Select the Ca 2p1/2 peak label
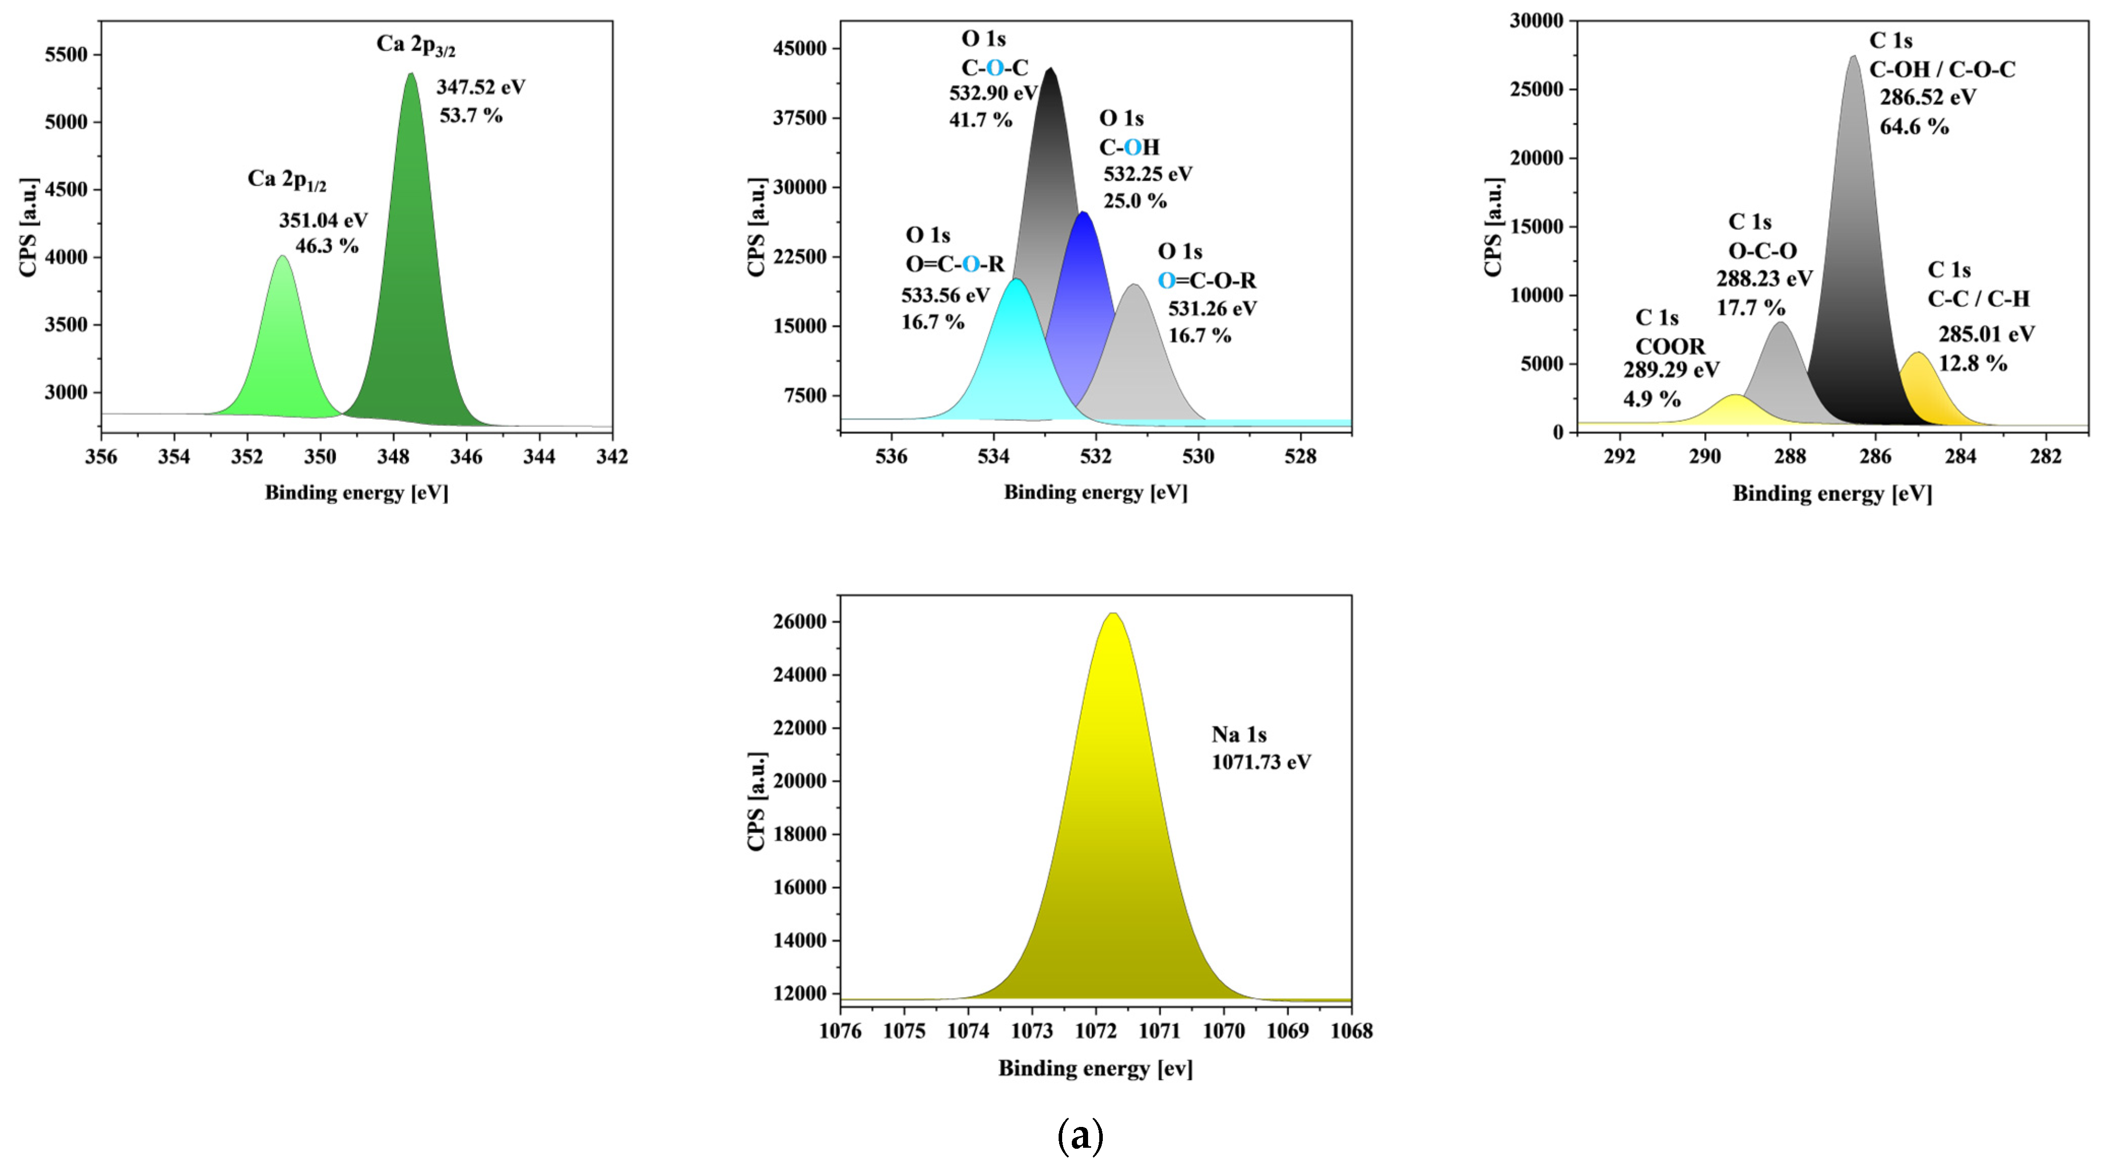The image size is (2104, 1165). pos(286,180)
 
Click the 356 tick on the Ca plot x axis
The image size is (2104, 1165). pos(101,456)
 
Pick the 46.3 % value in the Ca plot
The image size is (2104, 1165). pos(327,246)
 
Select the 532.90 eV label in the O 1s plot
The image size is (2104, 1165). pos(993,93)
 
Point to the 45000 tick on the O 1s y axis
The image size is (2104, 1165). pos(800,48)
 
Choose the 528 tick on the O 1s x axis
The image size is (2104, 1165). pos(1300,456)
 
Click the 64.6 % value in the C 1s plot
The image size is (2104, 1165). pos(1914,126)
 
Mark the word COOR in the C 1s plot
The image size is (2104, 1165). pos(1670,346)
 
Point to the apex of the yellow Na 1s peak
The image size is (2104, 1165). pos(1112,614)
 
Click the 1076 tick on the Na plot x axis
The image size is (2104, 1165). pos(841,1031)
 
